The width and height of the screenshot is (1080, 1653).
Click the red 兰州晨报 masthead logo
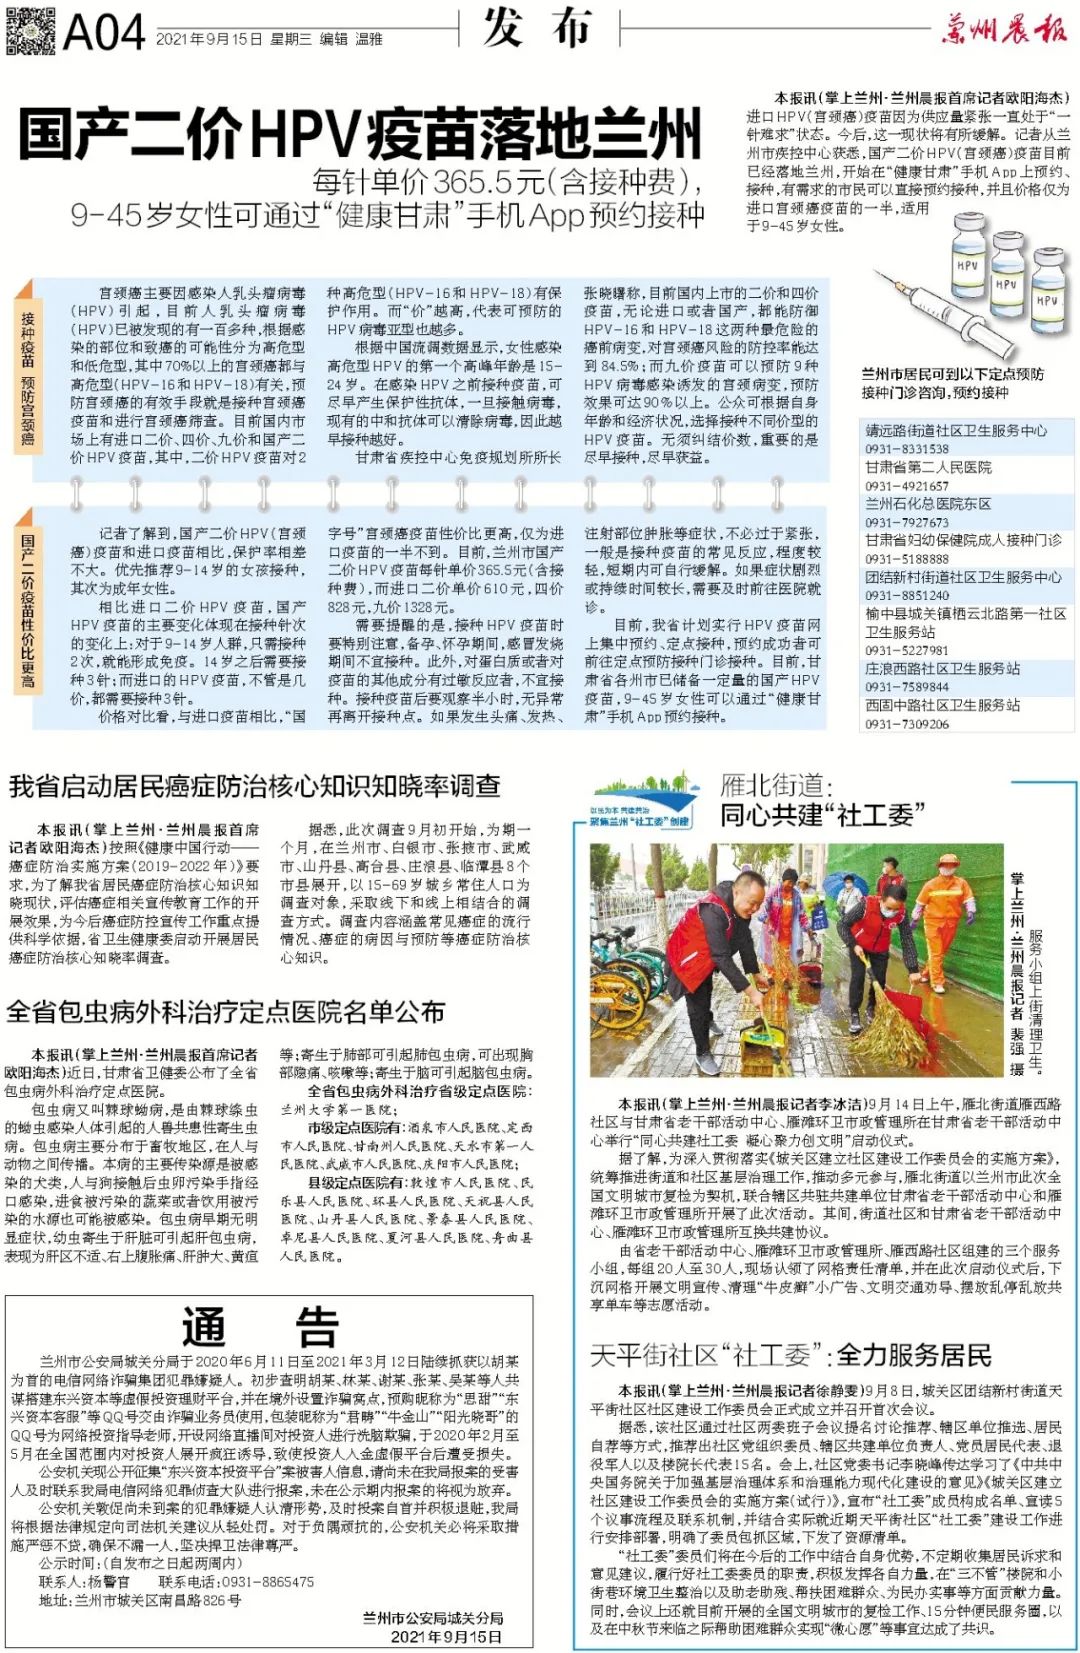(x=1004, y=30)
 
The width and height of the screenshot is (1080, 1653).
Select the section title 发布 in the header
(x=538, y=28)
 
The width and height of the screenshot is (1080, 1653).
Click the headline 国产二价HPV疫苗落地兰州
(x=360, y=134)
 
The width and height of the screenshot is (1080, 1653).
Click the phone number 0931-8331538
(x=907, y=449)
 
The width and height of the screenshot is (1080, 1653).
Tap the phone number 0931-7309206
(x=907, y=724)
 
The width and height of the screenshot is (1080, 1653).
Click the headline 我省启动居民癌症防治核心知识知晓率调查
(x=254, y=787)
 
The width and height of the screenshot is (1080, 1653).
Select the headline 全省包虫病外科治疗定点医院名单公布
(x=225, y=1012)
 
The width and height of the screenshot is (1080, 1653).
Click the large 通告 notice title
(x=261, y=1328)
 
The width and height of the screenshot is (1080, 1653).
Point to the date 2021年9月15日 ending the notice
(x=446, y=1636)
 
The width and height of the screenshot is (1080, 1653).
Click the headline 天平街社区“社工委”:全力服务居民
(x=790, y=1355)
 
